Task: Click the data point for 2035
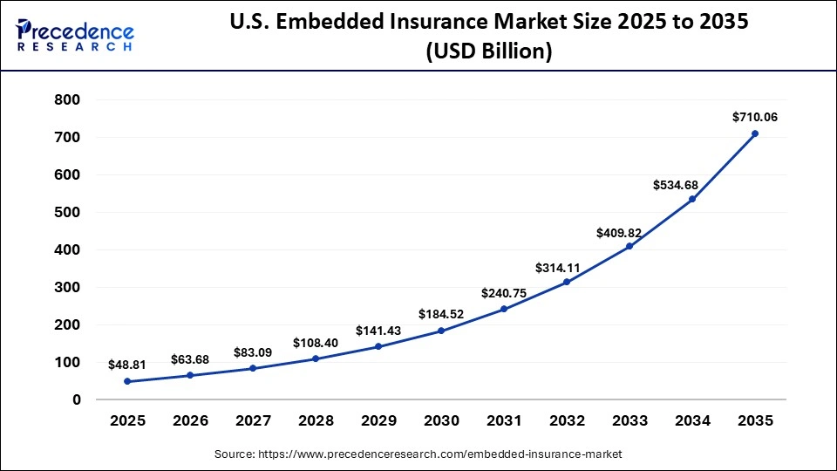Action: coord(755,133)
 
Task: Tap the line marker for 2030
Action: coord(441,331)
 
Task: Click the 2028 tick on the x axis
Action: coord(316,420)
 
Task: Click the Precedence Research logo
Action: coord(75,35)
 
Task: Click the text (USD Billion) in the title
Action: coord(488,51)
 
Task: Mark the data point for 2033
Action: coord(629,246)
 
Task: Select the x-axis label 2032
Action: coord(567,420)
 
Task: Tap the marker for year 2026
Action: coord(190,376)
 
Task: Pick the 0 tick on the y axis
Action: coord(77,400)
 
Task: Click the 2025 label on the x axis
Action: coord(127,420)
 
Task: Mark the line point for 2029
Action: coord(378,346)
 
